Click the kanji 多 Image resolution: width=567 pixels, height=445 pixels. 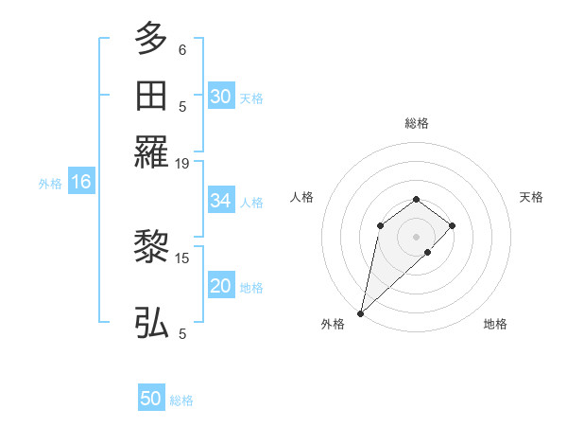click(x=151, y=40)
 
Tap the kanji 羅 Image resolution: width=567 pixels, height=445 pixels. click(x=151, y=151)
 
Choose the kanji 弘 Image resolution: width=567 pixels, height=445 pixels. click(x=151, y=322)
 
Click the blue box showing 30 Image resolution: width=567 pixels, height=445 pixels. click(x=220, y=97)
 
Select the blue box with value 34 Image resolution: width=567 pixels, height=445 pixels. click(x=220, y=201)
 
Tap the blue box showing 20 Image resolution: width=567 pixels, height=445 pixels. click(x=220, y=287)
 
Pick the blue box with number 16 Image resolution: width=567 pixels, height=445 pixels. click(x=80, y=183)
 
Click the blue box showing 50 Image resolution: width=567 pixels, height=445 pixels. click(x=151, y=399)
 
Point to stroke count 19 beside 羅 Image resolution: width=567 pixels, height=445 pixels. click(x=182, y=164)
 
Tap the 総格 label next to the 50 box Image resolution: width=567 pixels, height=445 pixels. click(x=181, y=400)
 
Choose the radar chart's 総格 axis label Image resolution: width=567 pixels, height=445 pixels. click(x=416, y=123)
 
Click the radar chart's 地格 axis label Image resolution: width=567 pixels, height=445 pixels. click(x=495, y=325)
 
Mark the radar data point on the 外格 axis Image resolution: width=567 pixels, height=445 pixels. click(x=360, y=312)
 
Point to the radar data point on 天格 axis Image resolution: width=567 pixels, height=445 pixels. click(x=453, y=225)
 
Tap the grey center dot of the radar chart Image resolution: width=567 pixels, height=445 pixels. click(x=416, y=236)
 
